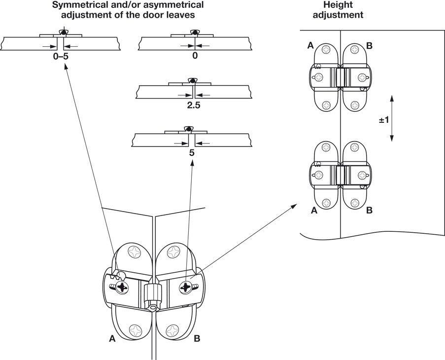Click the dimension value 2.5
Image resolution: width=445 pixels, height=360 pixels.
[194, 105]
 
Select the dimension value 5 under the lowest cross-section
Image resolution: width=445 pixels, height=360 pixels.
[192, 153]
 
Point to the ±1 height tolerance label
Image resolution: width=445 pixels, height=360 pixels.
[384, 120]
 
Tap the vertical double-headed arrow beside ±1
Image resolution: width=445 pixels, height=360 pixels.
[392, 118]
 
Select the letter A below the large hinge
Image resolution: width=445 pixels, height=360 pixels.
[112, 339]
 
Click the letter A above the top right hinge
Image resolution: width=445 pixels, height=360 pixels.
[310, 46]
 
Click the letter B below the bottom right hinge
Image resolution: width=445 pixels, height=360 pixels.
[369, 210]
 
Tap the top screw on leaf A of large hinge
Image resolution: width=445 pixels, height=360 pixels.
[135, 253]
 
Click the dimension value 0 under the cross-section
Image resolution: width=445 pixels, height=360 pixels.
[195, 56]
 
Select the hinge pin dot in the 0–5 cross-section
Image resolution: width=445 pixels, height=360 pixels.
[62, 33]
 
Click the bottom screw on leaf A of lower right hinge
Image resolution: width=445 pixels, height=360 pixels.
[326, 202]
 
